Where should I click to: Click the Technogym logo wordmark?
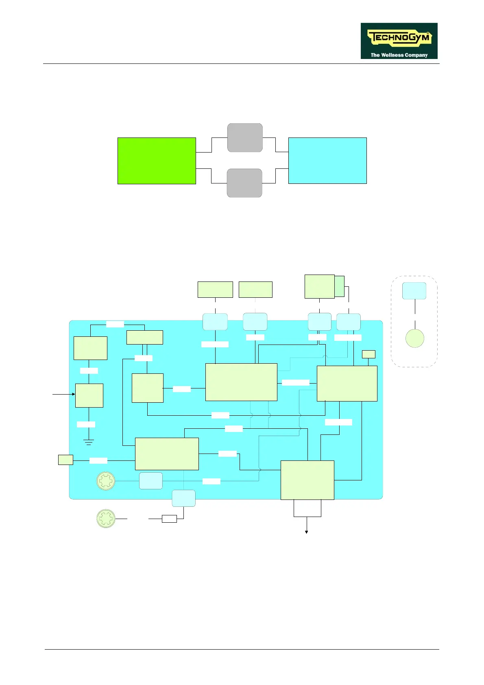[399, 38]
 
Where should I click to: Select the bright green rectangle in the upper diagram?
[157, 161]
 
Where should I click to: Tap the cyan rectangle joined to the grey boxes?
[327, 161]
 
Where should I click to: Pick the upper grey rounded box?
[245, 137]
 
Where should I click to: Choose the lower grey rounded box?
[244, 183]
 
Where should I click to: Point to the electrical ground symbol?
[89, 442]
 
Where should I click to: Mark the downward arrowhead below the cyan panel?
[307, 532]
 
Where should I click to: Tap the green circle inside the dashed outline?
[415, 338]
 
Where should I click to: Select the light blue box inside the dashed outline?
[414, 291]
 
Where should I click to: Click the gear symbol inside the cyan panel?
[106, 481]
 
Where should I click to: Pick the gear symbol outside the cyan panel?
[106, 519]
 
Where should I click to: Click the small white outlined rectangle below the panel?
[169, 519]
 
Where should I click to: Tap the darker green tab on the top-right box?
[340, 286]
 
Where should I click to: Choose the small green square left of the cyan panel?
[65, 460]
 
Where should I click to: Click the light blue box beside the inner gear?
[151, 481]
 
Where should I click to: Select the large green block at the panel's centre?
[241, 382]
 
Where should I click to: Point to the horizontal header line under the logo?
[242, 64]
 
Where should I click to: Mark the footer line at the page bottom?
[242, 650]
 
